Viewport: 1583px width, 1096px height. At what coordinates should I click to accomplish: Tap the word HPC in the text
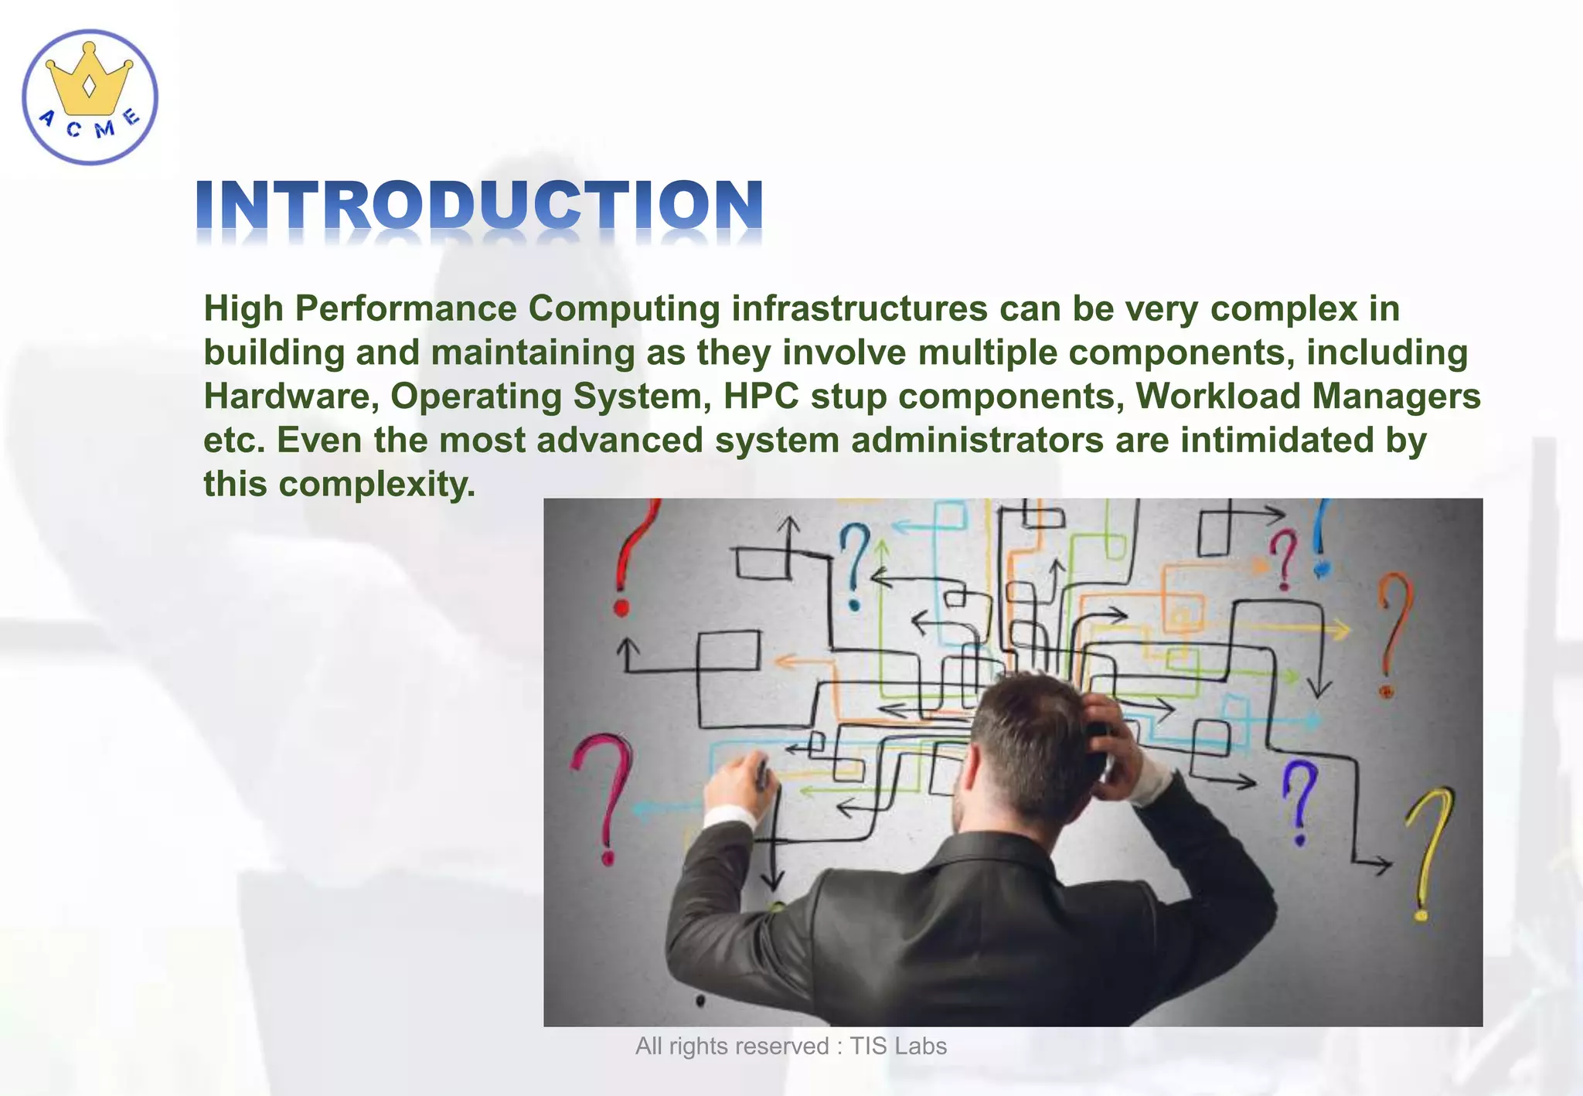tap(761, 397)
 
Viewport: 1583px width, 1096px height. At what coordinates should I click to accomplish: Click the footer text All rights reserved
tap(731, 1047)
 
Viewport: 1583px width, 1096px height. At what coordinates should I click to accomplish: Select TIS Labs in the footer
tap(898, 1047)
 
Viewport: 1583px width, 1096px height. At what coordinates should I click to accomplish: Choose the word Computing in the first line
tap(624, 309)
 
